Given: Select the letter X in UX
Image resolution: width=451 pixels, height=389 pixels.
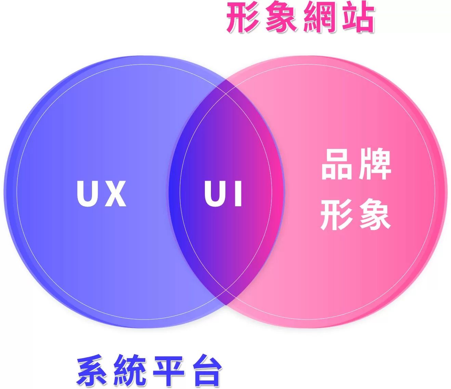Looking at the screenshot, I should click(x=115, y=194).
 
